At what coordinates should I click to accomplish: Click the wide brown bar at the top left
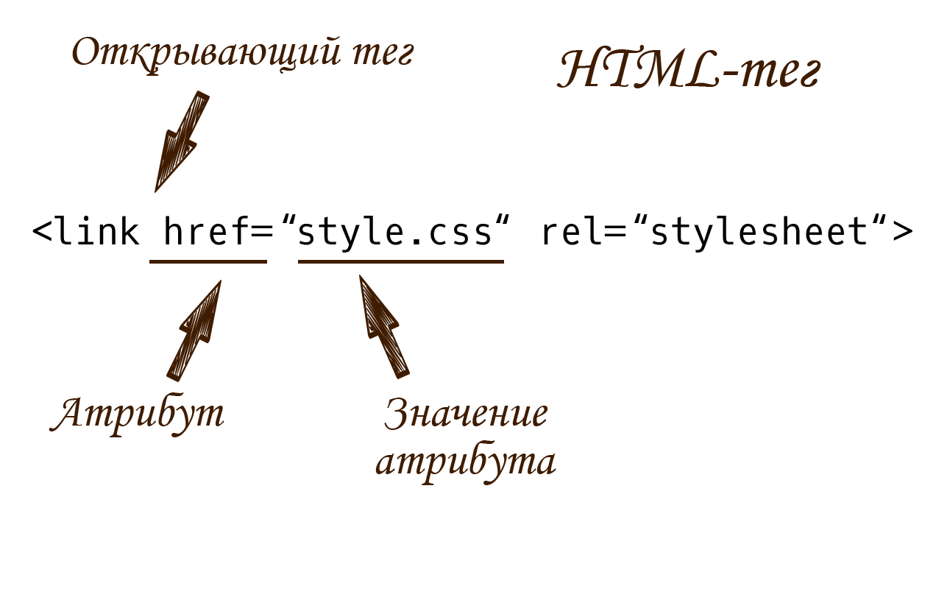247,56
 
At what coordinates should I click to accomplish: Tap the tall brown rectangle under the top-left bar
182,141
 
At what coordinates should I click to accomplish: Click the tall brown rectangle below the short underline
194,331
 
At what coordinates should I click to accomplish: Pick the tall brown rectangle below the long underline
385,326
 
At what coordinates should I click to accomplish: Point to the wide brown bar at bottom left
141,415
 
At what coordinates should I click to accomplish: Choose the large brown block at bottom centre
464,440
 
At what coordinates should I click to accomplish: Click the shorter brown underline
208,261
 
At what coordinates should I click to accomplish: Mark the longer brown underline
400,261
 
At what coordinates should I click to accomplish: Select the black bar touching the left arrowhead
151,233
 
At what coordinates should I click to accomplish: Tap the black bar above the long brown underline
397,233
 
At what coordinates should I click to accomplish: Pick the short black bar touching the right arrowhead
865,233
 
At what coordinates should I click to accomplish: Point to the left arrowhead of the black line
34,233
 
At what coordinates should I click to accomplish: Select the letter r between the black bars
546,234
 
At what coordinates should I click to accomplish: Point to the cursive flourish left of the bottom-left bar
53,427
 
